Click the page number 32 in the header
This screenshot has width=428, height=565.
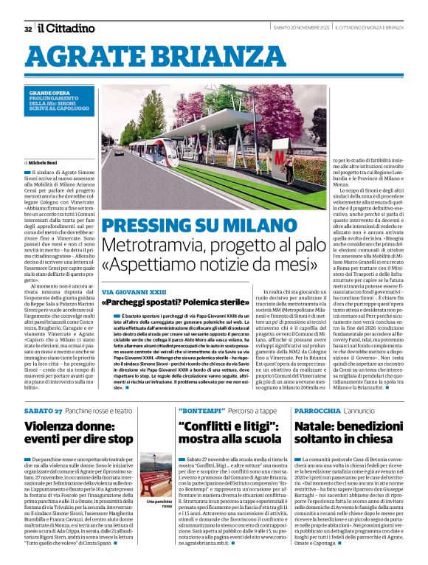[27, 29]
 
